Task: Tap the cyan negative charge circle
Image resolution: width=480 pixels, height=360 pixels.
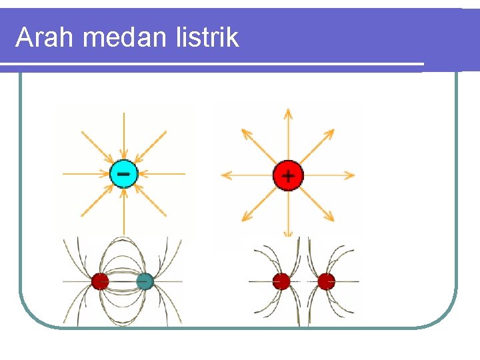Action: pyautogui.click(x=123, y=175)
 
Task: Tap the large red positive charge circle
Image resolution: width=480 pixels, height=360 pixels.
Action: pyautogui.click(x=288, y=176)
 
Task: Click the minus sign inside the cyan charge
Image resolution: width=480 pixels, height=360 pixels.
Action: pyautogui.click(x=123, y=174)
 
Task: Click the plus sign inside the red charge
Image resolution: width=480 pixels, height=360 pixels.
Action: pyautogui.click(x=288, y=177)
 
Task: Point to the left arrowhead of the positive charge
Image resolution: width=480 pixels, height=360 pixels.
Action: pyautogui.click(x=225, y=176)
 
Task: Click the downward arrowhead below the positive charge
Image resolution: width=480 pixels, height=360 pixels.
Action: pyautogui.click(x=288, y=233)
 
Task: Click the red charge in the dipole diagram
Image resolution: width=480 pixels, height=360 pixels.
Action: pyautogui.click(x=100, y=281)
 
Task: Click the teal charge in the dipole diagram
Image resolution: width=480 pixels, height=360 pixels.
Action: pyautogui.click(x=145, y=281)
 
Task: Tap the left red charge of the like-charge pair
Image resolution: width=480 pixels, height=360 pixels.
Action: pyautogui.click(x=281, y=281)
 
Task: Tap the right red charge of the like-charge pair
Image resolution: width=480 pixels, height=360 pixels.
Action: pyautogui.click(x=326, y=281)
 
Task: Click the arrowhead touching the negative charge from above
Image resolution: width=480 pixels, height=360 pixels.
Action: pyautogui.click(x=123, y=157)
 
